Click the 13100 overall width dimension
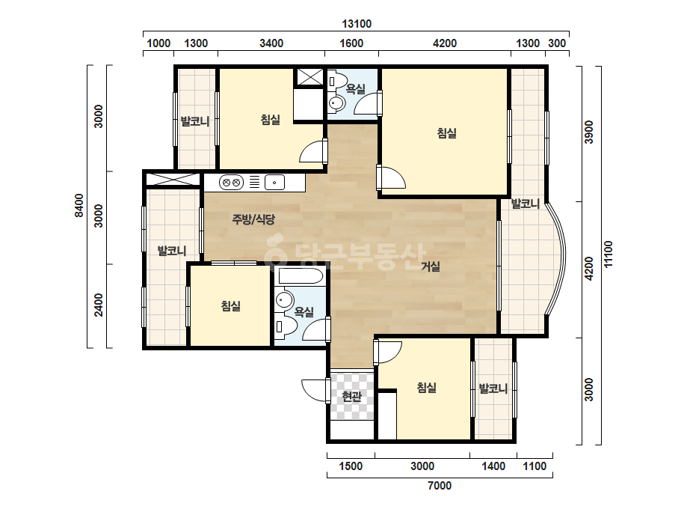357,24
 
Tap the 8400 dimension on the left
79,205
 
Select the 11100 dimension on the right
609,254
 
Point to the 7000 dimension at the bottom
440,486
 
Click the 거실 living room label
431,266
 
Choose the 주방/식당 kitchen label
253,219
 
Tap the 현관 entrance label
352,397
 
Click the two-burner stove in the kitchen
231,182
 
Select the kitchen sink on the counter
274,182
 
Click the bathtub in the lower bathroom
301,276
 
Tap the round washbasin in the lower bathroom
285,299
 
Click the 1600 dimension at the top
351,43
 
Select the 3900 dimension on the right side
589,132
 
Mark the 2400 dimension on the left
99,305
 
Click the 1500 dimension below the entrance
351,466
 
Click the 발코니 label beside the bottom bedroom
493,388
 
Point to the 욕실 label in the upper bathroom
356,89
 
